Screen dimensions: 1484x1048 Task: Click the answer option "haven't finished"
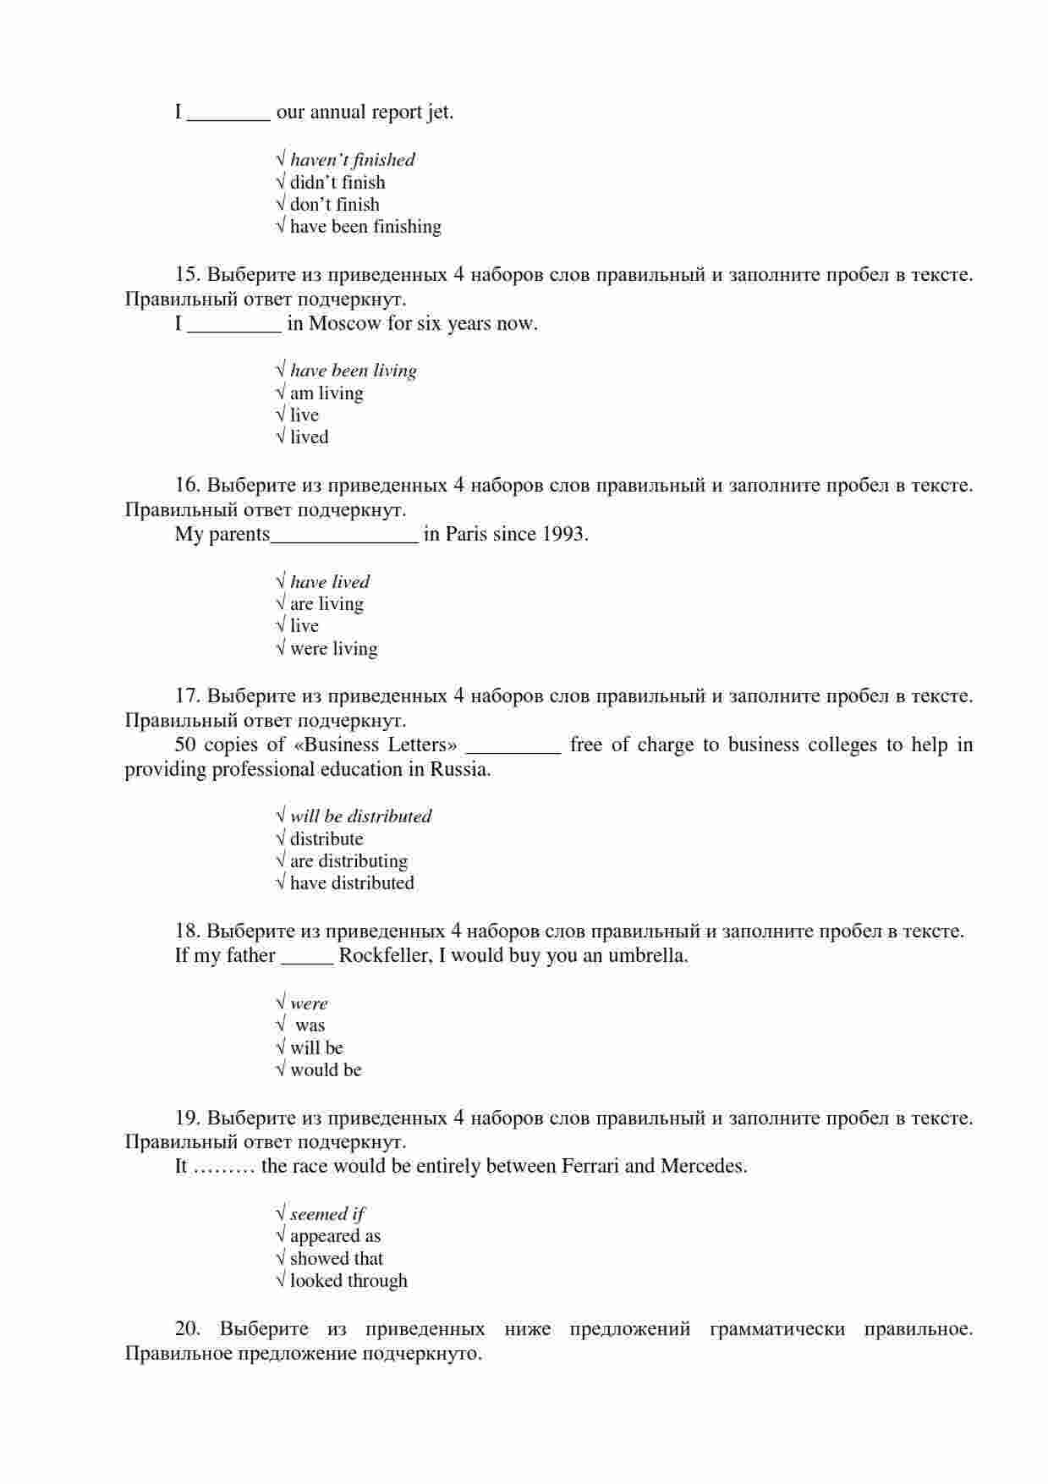(352, 160)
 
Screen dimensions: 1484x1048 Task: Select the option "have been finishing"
(365, 227)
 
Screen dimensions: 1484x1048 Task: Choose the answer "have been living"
(353, 371)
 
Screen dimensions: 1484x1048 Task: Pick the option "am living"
(326, 393)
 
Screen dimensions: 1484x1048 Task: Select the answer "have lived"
(329, 582)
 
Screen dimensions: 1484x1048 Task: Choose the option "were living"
(333, 649)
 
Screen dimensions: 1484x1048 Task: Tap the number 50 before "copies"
(185, 745)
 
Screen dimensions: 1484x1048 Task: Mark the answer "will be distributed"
(360, 816)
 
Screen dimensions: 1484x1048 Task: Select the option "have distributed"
(352, 883)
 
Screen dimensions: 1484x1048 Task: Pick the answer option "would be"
(326, 1070)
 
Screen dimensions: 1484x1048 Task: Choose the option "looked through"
(348, 1281)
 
